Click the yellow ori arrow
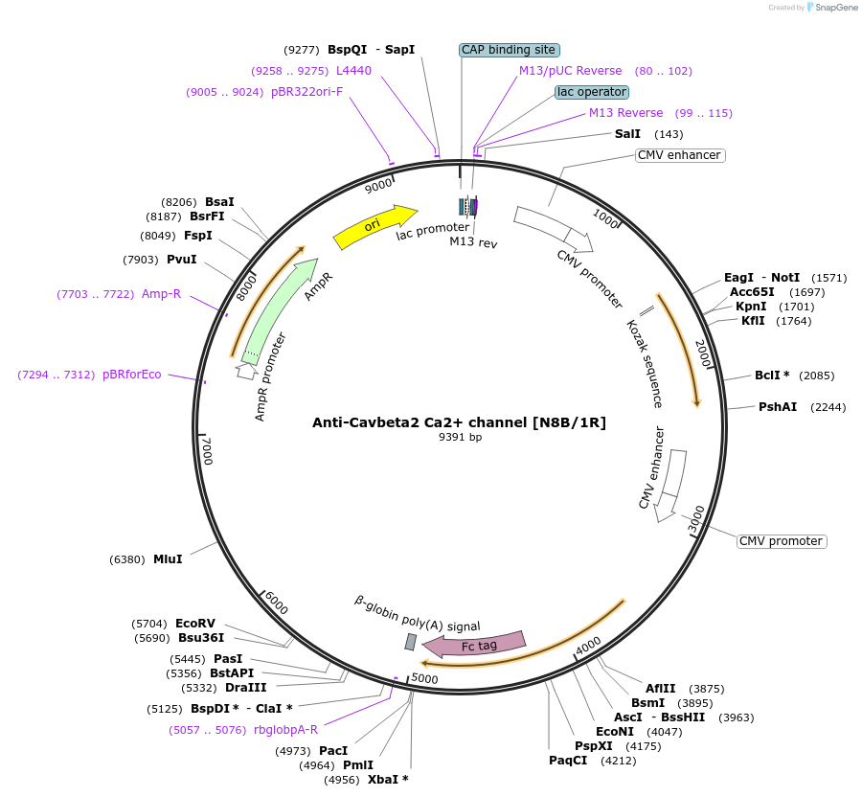point(374,226)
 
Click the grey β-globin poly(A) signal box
point(411,641)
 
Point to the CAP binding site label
point(509,50)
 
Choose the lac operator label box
point(591,92)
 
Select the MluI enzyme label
point(168,559)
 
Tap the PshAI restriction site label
point(778,407)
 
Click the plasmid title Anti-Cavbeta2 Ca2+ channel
point(459,422)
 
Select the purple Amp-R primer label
point(161,293)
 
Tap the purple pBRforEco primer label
point(132,375)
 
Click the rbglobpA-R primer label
point(285,730)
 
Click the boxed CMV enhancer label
point(679,155)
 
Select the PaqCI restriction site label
point(566,762)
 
